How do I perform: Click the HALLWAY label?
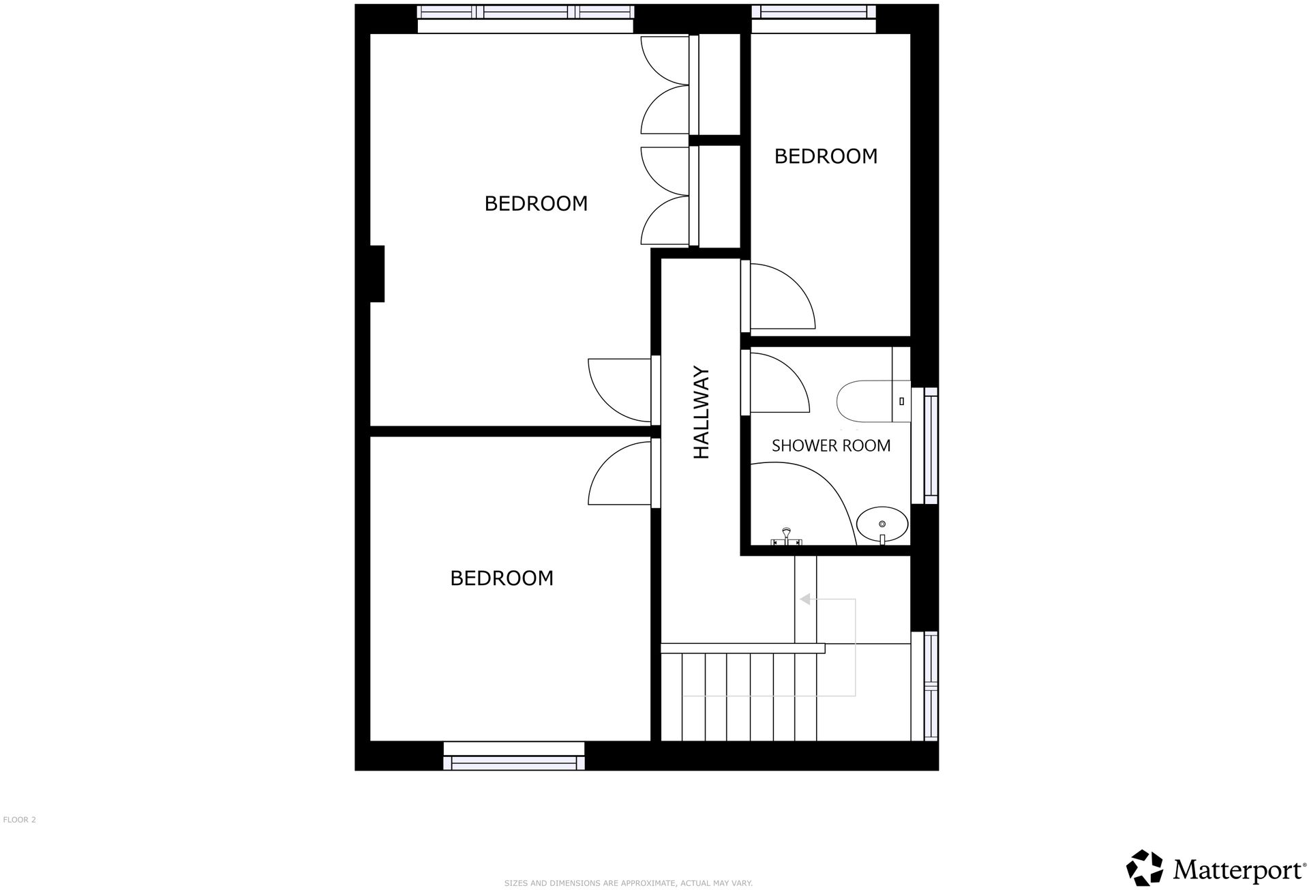click(702, 413)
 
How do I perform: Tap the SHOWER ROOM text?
click(830, 445)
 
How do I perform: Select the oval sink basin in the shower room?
click(882, 524)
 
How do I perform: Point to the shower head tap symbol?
click(786, 537)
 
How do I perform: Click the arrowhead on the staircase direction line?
click(804, 599)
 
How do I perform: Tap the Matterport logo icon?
click(1144, 867)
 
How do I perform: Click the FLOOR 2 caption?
click(19, 820)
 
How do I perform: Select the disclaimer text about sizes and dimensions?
click(628, 883)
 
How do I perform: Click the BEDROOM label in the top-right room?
click(826, 156)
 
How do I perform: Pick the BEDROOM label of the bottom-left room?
click(502, 578)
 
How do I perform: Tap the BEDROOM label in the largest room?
click(536, 203)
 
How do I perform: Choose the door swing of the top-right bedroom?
click(780, 297)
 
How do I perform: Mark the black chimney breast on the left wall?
click(377, 273)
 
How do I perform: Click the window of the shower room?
click(930, 445)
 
